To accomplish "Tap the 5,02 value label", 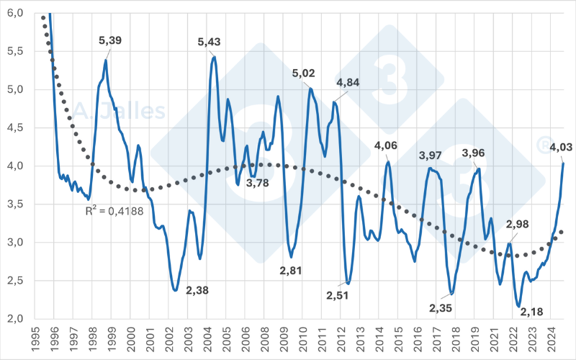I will point(304,73).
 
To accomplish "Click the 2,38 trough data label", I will point(198,290).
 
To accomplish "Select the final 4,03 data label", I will point(560,148).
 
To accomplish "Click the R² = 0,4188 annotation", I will point(110,212).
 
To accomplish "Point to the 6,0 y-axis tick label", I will point(15,14).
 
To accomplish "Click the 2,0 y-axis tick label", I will point(15,319).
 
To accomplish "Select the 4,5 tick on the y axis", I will point(15,128).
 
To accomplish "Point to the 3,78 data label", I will point(258,183).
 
